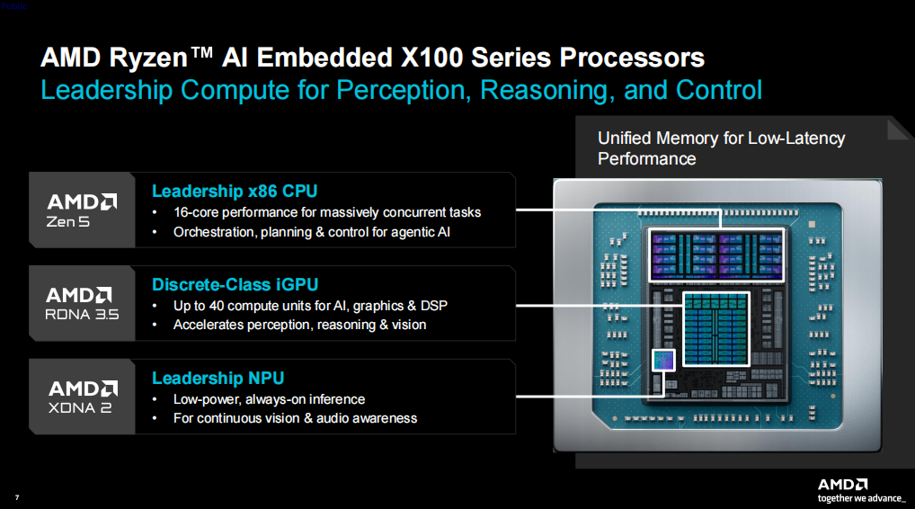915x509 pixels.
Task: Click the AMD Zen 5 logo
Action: tap(82, 210)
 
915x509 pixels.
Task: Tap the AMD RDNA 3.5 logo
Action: tap(82, 304)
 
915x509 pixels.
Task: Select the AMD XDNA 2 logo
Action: tap(83, 397)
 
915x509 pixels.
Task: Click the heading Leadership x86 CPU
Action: tap(235, 192)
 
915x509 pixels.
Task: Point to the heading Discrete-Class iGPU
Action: tap(235, 285)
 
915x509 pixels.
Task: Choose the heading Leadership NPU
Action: tap(218, 379)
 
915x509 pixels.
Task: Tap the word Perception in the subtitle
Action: tap(404, 91)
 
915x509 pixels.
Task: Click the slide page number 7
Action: tap(17, 497)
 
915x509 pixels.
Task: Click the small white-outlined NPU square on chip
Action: tap(663, 360)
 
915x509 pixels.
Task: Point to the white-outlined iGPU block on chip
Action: tap(716, 329)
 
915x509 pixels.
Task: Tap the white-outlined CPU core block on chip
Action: tap(717, 255)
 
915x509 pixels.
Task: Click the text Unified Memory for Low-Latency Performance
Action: tap(721, 148)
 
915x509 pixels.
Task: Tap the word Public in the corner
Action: tap(14, 5)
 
